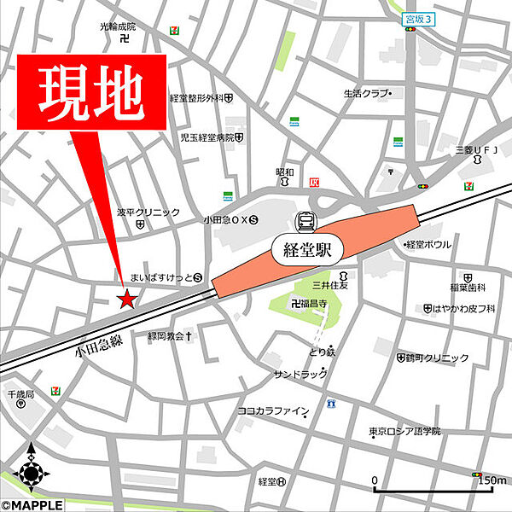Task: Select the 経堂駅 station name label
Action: click(x=307, y=250)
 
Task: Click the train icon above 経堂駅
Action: click(x=305, y=222)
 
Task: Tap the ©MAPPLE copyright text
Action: click(x=32, y=504)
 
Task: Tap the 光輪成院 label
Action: click(x=118, y=26)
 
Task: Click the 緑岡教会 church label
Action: click(x=166, y=336)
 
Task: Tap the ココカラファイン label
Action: click(x=272, y=411)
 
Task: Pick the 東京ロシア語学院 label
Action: click(x=405, y=432)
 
